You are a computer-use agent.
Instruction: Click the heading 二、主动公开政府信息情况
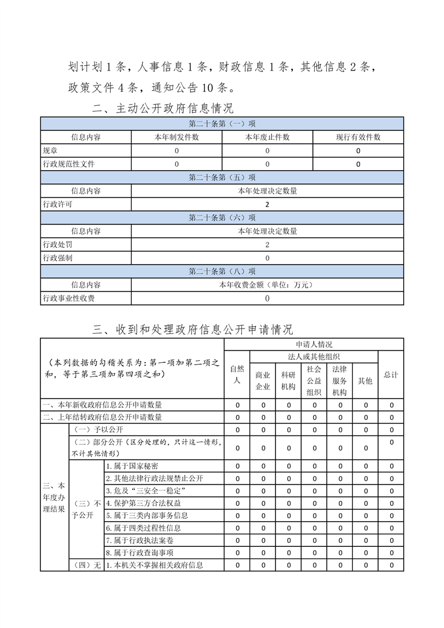coord(162,109)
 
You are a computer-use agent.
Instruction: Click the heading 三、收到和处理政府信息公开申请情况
coord(193,329)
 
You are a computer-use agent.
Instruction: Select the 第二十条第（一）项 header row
coord(222,124)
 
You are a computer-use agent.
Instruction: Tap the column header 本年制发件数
coord(176,137)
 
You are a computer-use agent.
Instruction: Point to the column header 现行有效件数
coord(358,137)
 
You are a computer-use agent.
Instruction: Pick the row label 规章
coord(50,151)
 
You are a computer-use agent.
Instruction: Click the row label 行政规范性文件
coord(69,164)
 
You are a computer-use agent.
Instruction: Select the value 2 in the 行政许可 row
coord(267,204)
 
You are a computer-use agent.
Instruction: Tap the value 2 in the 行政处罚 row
coord(267,245)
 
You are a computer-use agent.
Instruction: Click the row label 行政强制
coord(58,258)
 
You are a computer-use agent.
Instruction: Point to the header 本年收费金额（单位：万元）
coord(267,285)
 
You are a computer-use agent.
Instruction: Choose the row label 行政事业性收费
coord(69,298)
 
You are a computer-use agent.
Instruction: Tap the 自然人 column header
coord(237,374)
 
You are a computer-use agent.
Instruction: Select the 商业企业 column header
coord(263,380)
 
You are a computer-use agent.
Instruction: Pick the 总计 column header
coord(391,374)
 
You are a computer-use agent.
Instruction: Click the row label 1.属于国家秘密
coord(132,466)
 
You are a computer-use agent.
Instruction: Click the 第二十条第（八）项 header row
coord(222,271)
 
